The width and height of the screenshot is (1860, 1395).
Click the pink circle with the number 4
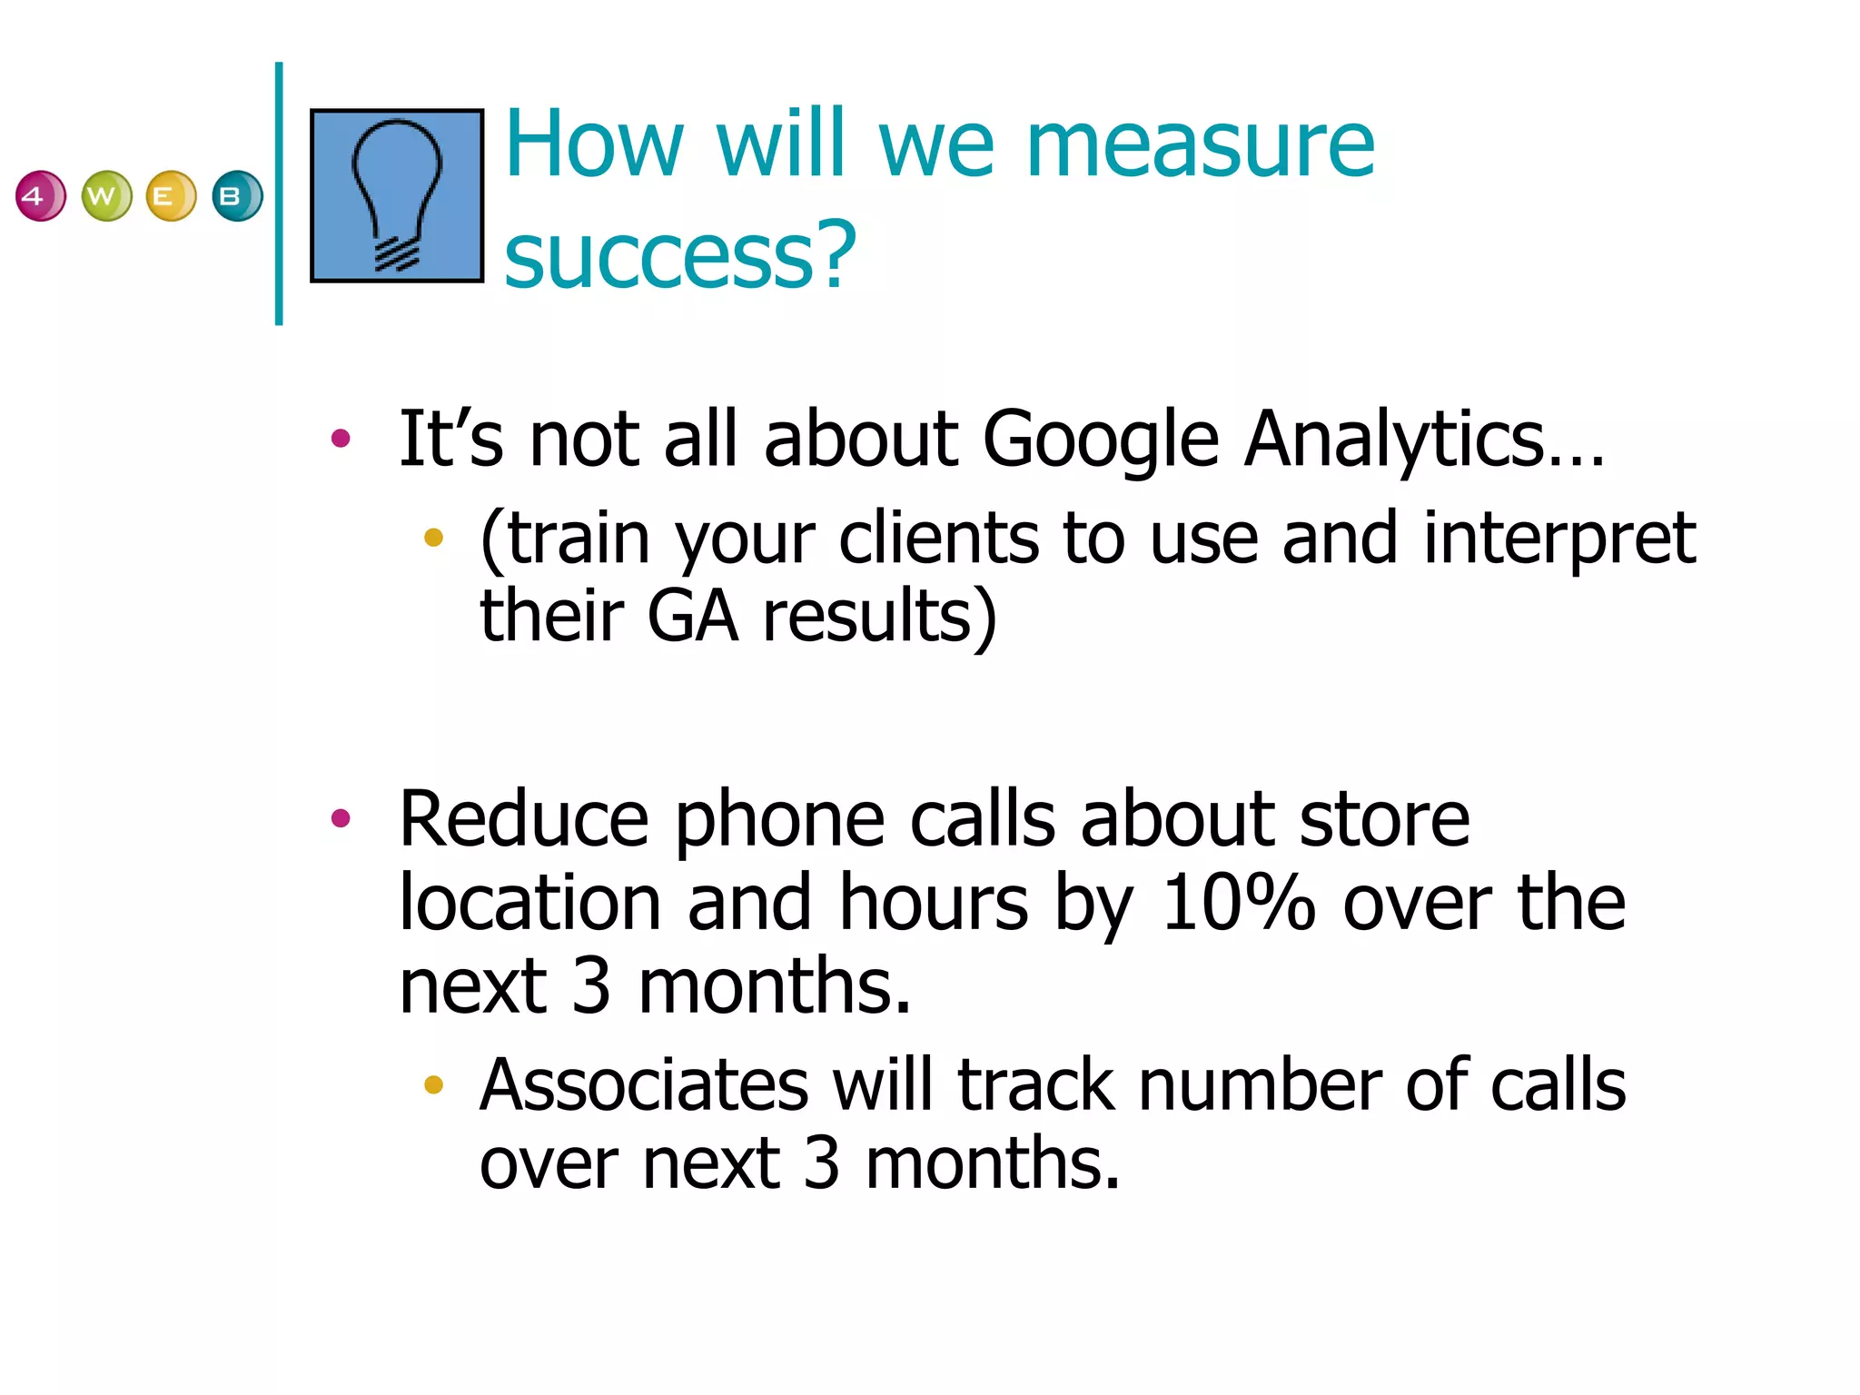point(40,195)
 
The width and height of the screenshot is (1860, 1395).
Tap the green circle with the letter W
point(106,195)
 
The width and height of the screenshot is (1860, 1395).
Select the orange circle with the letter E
point(171,195)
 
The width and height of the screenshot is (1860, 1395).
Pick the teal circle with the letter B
point(237,195)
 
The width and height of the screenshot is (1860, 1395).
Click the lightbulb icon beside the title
point(397,195)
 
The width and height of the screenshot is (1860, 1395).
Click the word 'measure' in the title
point(1200,145)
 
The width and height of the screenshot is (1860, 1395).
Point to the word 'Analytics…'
point(1424,440)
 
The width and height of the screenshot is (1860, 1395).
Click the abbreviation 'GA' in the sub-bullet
point(692,617)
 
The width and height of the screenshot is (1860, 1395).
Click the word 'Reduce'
point(523,819)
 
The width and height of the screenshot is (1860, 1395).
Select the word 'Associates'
point(643,1085)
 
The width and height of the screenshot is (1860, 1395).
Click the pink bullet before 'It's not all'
point(341,440)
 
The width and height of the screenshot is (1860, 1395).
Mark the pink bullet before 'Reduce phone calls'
point(341,819)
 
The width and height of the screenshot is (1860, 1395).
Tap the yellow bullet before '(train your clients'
point(433,538)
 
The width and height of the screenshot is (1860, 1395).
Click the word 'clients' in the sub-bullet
point(938,539)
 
